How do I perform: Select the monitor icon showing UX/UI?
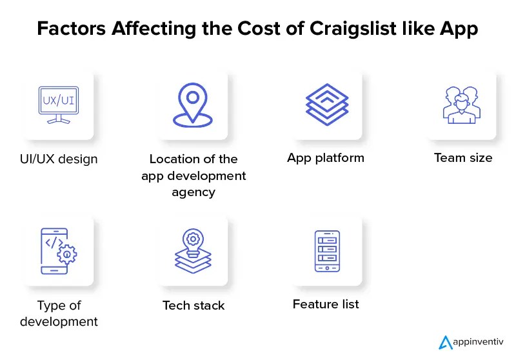pyautogui.click(x=59, y=105)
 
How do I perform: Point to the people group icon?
pyautogui.click(x=462, y=105)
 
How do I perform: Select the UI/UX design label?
pyautogui.click(x=59, y=159)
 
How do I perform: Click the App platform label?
pyautogui.click(x=326, y=157)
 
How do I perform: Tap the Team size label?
pyautogui.click(x=463, y=157)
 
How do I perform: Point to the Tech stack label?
pyautogui.click(x=193, y=305)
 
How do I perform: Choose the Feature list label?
pyautogui.click(x=326, y=303)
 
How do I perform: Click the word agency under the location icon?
pyautogui.click(x=193, y=192)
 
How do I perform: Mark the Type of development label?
pyautogui.click(x=59, y=313)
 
